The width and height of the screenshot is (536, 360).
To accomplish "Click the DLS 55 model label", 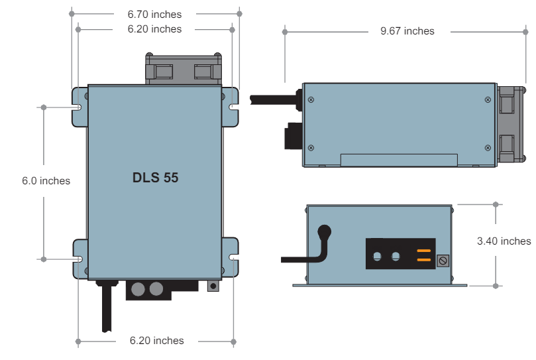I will point(154,178).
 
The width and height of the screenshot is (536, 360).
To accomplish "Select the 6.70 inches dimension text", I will point(156,14).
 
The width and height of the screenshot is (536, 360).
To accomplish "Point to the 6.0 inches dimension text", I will point(46,181).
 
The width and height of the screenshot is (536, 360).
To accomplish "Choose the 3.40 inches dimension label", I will point(504,241).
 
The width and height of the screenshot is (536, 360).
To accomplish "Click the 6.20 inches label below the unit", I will point(156,341).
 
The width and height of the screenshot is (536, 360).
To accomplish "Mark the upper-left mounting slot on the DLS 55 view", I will point(79,107).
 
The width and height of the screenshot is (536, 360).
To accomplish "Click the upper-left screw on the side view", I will point(311,100).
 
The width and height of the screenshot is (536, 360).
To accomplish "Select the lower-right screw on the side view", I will point(488,147).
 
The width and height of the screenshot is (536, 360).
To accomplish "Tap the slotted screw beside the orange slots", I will point(443,261).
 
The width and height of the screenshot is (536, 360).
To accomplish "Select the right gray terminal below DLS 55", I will point(156,289).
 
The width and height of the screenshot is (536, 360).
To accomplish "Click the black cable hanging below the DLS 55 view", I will point(106,312).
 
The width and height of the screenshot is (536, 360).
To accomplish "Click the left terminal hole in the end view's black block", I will point(378,256).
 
